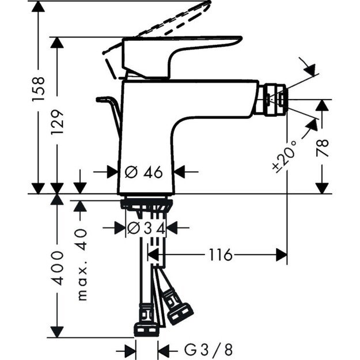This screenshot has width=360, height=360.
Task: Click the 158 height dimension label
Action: click(38, 89)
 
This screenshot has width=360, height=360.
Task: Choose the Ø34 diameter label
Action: click(146, 228)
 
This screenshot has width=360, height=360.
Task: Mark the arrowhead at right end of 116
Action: click(282, 255)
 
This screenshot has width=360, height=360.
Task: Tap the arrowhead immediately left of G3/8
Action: click(164, 349)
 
